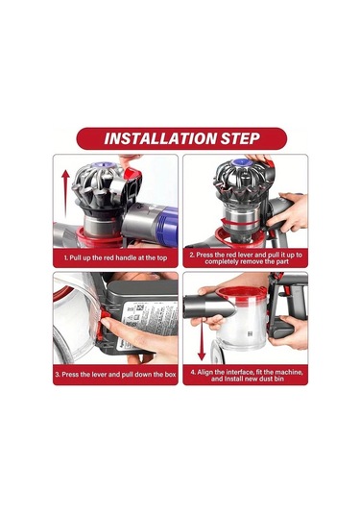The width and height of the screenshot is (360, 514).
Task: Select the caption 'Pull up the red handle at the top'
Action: click(x=117, y=258)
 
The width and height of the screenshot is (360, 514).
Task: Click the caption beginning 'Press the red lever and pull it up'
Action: click(x=245, y=257)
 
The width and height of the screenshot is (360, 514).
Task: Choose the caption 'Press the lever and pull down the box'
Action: click(x=117, y=374)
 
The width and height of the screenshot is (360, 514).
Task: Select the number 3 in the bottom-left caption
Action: click(x=58, y=374)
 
